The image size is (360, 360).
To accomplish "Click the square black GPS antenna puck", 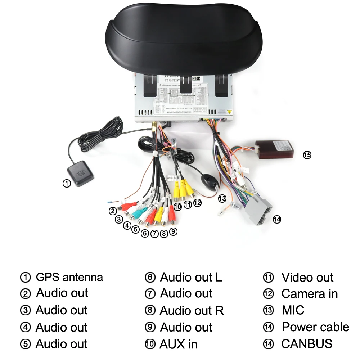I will [81, 174].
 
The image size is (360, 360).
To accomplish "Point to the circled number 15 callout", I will [307, 155].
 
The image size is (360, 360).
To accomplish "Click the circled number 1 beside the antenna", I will [67, 183].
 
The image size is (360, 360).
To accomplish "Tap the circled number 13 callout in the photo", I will [222, 198].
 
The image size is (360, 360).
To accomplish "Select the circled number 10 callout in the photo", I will [177, 207].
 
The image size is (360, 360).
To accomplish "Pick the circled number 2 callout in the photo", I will [113, 211].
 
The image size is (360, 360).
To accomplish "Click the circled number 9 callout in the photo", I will [173, 231].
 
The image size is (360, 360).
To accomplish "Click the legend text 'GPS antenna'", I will [69, 277].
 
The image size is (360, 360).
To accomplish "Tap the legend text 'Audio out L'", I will [191, 277].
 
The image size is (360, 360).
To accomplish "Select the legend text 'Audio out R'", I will [192, 310].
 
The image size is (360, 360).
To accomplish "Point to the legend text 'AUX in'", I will [178, 344].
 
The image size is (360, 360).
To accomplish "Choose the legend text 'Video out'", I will [307, 277].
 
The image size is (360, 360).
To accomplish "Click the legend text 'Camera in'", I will [309, 294].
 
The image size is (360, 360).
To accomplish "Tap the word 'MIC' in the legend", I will [293, 310].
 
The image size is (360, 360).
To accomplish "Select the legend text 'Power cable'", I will [315, 327].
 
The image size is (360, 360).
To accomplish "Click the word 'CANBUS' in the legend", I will [307, 343].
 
